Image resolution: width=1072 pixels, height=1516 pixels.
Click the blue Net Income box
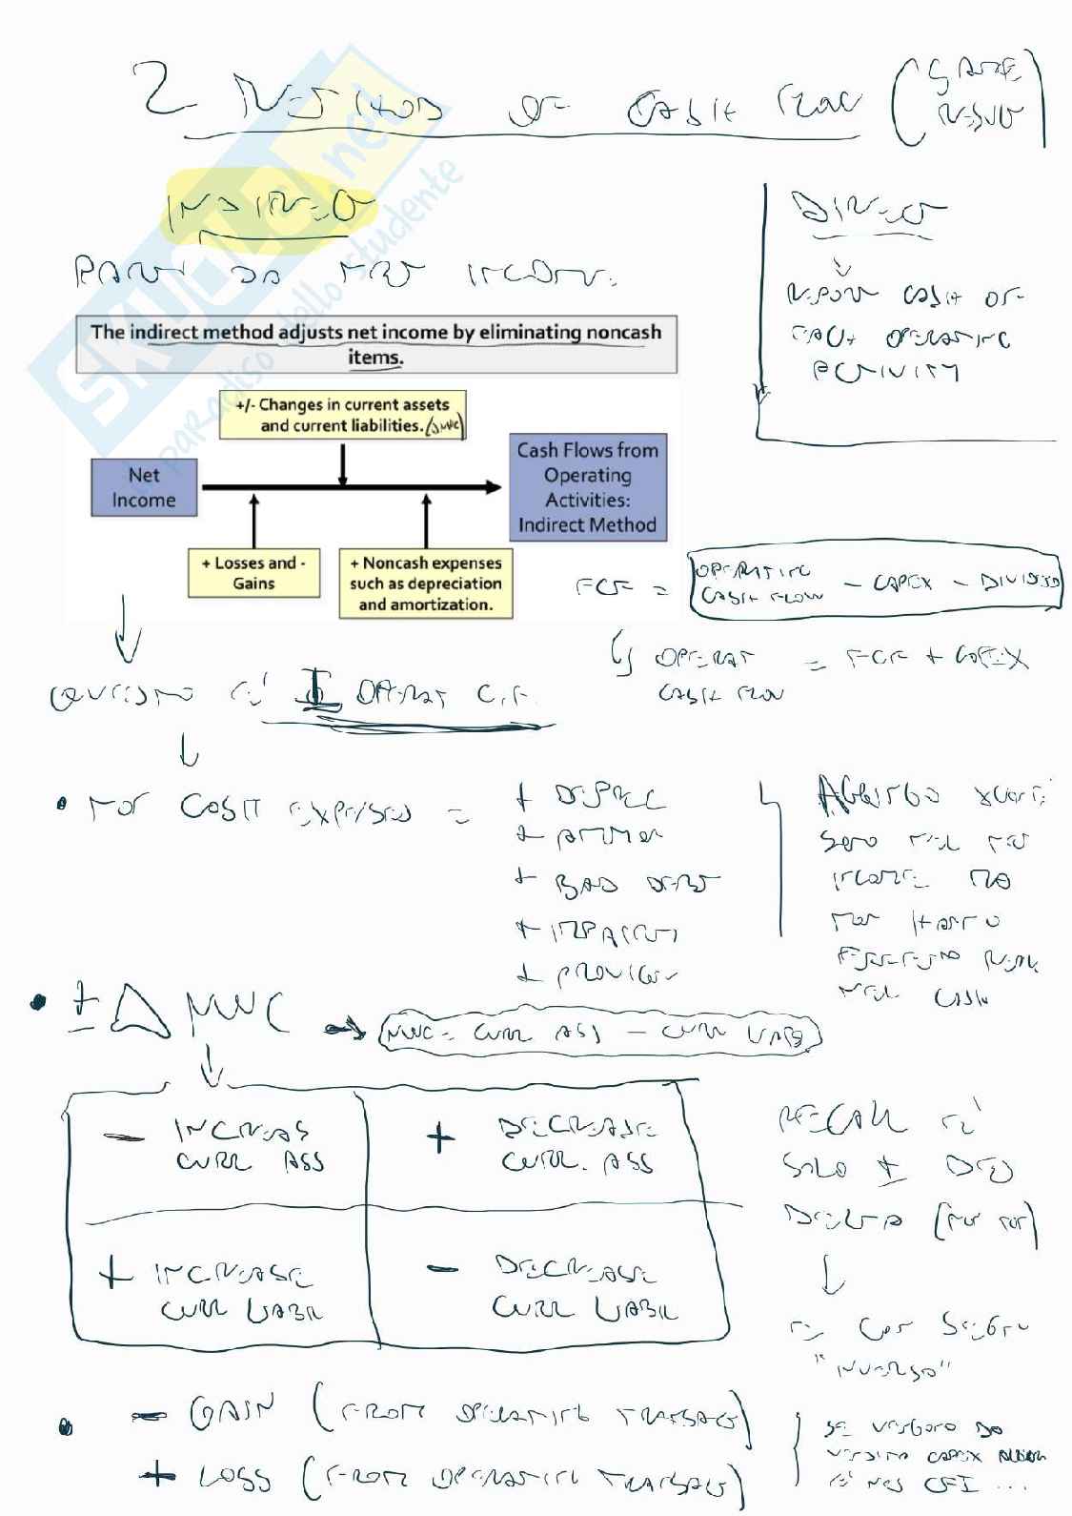coord(144,487)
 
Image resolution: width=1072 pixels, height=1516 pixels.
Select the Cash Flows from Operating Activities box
coord(587,487)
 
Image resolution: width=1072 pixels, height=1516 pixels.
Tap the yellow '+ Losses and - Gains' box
coord(253,573)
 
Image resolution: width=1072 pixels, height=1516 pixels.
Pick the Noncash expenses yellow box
coord(426,584)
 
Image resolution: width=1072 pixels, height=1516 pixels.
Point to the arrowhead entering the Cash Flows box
coord(494,487)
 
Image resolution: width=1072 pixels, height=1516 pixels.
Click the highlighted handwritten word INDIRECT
coord(269,208)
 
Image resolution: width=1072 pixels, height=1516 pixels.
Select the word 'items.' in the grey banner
coord(375,358)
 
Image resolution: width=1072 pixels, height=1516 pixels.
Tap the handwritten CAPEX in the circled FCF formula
coord(901,583)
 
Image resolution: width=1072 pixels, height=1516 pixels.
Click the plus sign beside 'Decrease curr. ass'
coord(439,1137)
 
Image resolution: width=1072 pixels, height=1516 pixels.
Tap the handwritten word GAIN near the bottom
coord(233,1413)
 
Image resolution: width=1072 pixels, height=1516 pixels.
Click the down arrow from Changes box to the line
coord(343,464)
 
